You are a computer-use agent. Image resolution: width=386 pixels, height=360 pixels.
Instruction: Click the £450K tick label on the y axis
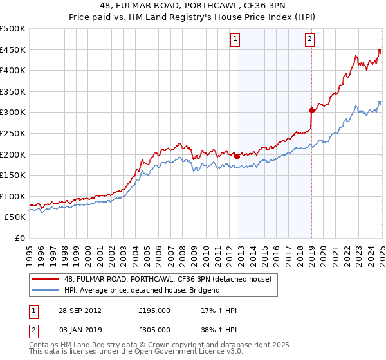tap(13, 50)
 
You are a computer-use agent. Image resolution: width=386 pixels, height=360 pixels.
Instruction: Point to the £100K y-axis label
tap(13, 196)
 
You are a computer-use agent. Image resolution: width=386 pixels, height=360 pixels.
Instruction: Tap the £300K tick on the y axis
tap(13, 113)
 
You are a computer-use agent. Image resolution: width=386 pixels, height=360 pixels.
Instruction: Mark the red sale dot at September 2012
tap(237, 156)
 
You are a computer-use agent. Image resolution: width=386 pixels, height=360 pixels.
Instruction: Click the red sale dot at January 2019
tap(311, 110)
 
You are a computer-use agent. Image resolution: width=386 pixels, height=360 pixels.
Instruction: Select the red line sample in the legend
tap(45, 279)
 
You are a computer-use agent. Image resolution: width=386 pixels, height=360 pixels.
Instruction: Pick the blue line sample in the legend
tap(45, 290)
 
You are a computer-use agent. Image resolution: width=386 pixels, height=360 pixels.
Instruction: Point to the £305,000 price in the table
tap(155, 330)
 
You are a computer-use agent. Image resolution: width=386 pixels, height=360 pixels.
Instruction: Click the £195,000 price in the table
tap(155, 310)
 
